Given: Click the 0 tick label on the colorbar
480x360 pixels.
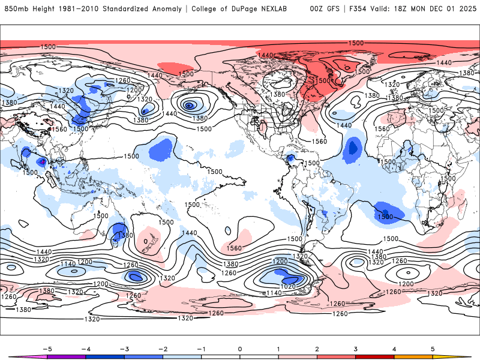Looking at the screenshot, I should [240, 349].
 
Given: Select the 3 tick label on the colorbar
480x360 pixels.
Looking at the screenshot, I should [356, 349].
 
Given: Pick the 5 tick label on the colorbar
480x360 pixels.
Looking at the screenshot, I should [433, 349].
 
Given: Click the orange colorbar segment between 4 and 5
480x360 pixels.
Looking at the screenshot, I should [413, 356].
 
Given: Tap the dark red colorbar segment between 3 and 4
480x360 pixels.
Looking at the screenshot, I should [375, 356].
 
